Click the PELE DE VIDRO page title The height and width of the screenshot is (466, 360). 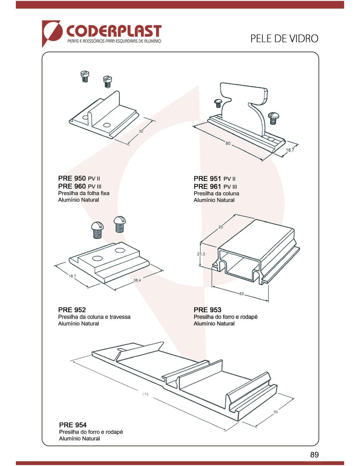[x=284, y=38]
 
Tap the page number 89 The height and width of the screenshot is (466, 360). [x=314, y=454]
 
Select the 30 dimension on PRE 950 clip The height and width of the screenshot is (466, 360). [x=141, y=131]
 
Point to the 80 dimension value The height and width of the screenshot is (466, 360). [x=228, y=143]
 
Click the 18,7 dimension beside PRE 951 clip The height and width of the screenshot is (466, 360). [x=290, y=150]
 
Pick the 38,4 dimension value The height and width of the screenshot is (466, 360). [x=137, y=280]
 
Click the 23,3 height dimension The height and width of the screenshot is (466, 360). [x=201, y=254]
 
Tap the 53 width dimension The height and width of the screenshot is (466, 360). [x=241, y=294]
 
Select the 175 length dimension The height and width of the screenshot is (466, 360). [x=145, y=394]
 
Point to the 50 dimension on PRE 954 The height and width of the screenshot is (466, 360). [x=276, y=412]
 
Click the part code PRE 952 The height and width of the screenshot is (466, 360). [x=72, y=310]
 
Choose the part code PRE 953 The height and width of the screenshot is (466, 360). [x=208, y=310]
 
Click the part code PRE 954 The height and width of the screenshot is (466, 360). [x=73, y=425]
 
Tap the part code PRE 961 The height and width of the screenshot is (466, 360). [x=207, y=186]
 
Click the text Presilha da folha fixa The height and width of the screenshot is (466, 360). [x=84, y=193]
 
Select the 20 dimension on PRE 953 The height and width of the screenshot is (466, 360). [x=221, y=227]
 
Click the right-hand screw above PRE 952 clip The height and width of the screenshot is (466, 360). [x=120, y=224]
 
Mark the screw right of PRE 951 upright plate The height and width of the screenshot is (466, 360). [x=273, y=118]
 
